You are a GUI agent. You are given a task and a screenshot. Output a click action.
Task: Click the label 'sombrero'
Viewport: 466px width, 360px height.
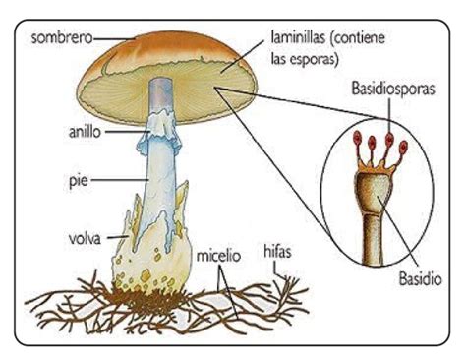click(61, 37)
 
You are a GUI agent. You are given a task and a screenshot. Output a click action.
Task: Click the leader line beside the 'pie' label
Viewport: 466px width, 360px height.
click(120, 180)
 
